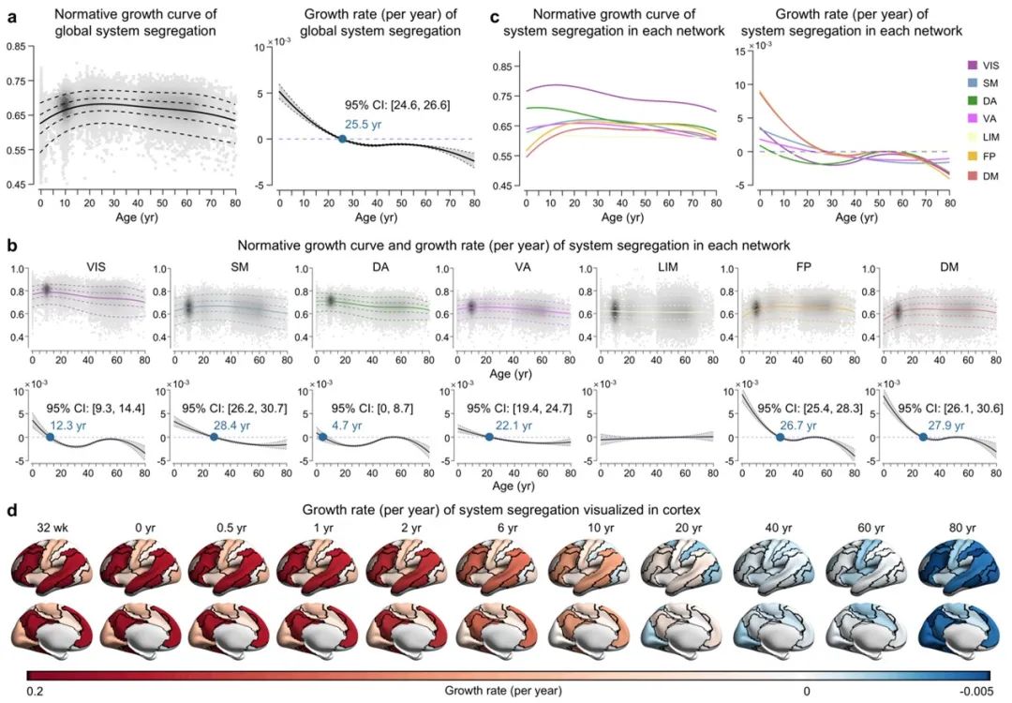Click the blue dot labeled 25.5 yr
click(342, 139)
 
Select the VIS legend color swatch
click(974, 65)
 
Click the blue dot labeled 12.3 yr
click(50, 437)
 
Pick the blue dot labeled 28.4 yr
click(214, 437)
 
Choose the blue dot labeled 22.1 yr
click(489, 437)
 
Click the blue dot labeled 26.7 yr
click(780, 437)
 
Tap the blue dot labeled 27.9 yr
click(923, 437)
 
